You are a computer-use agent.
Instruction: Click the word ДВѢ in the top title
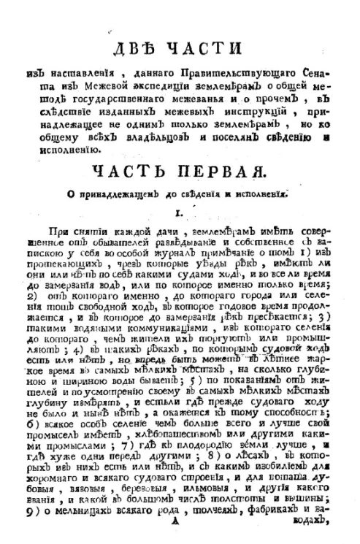[140, 52]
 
